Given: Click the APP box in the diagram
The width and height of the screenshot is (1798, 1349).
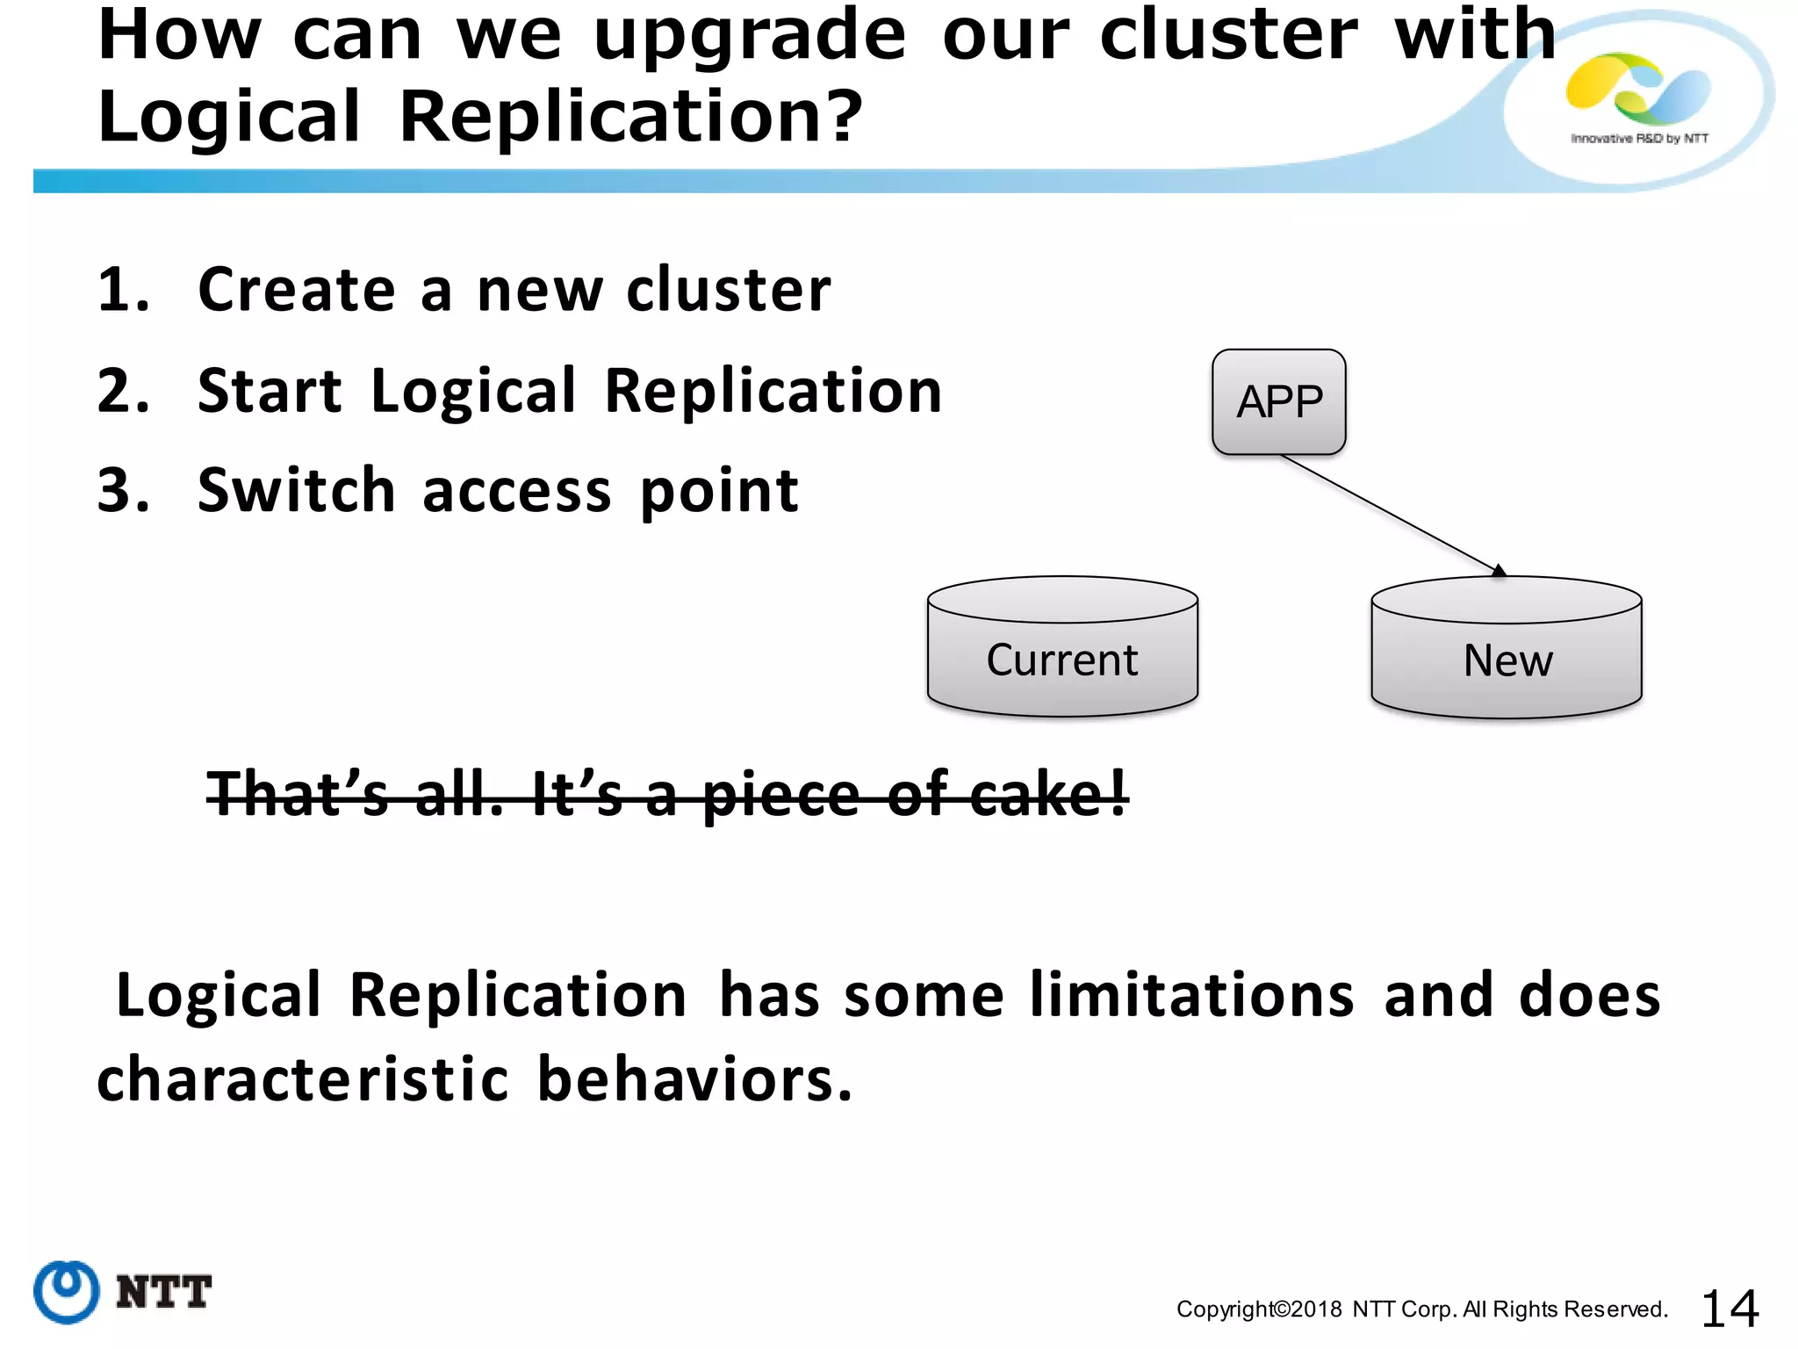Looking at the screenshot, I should coord(1278,402).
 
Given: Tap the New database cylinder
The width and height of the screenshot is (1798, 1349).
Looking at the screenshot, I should coord(1507,650).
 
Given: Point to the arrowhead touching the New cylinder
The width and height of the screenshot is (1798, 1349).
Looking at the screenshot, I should coord(1499,571).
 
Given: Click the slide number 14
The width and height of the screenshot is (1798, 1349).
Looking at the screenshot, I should coord(1730,1309).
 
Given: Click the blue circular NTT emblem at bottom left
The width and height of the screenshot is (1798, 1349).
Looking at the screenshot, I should coord(66,1291).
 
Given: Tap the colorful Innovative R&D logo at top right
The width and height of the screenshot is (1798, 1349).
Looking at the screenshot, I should coord(1638,89).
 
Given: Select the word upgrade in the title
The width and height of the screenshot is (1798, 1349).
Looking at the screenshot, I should coord(749,37).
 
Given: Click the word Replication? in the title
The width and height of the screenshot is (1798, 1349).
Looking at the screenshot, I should coord(631,117).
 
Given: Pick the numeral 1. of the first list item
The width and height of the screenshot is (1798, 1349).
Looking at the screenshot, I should coord(123,290).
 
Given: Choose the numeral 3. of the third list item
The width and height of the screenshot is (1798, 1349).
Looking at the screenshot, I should coord(123,490).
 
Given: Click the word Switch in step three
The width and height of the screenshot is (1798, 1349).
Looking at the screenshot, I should coord(296,490).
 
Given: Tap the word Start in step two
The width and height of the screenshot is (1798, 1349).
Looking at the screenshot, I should coord(270,391).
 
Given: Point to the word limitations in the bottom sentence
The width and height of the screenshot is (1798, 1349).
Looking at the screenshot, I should coord(1192,995).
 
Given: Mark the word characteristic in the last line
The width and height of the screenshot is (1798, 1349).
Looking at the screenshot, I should coord(302,1079).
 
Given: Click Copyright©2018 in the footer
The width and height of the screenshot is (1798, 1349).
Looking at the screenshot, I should coord(1258,1309).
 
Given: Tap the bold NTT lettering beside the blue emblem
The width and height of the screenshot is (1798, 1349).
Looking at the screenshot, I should coord(163,1292).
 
